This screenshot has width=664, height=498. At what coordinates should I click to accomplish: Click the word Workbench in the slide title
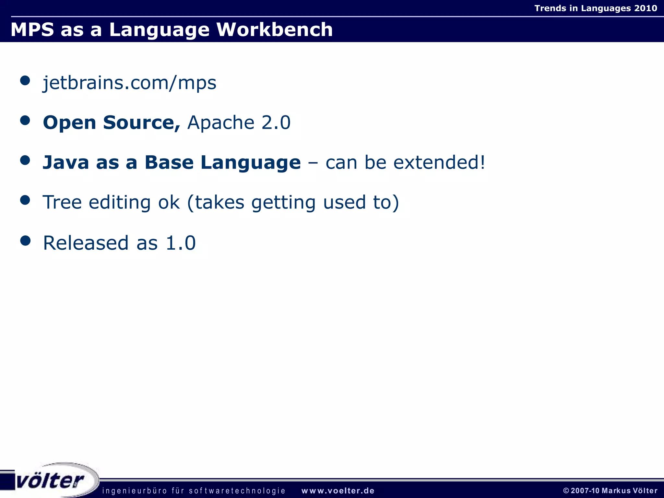(274, 30)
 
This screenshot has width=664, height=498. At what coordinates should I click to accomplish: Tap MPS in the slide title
(32, 30)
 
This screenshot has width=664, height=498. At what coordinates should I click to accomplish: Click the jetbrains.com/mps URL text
(129, 83)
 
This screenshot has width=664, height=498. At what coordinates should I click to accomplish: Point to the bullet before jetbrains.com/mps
(25, 80)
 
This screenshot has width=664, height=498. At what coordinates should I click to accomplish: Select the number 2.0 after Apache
(276, 123)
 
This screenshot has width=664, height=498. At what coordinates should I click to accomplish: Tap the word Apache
(221, 123)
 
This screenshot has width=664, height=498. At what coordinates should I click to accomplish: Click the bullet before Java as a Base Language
(25, 160)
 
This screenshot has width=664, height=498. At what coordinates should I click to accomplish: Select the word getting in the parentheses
(283, 203)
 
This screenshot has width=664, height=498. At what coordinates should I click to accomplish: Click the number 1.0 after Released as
(181, 243)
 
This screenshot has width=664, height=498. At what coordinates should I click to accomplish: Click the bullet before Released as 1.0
(25, 241)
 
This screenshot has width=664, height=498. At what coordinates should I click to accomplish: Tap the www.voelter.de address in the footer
(338, 491)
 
